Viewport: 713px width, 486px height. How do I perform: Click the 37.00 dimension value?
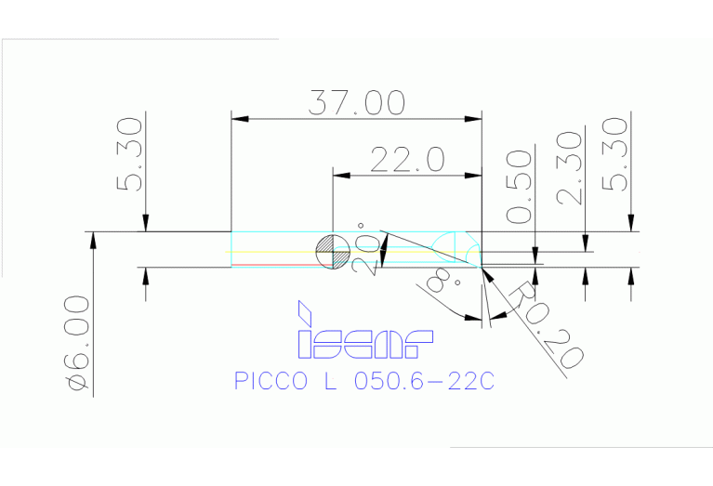click(357, 101)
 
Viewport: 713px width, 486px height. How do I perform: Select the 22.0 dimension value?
click(407, 159)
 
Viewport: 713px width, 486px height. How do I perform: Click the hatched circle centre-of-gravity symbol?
click(332, 251)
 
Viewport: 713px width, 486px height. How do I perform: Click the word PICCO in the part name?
click(270, 383)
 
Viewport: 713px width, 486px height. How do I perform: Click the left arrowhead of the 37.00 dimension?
click(239, 118)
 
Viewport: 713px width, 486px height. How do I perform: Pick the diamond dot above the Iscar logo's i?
click(304, 309)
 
